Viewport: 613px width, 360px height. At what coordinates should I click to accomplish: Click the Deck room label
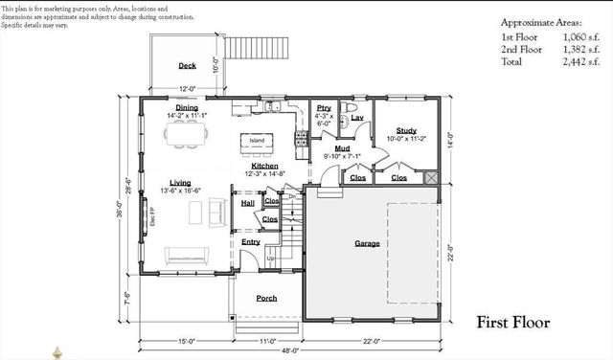pos(187,66)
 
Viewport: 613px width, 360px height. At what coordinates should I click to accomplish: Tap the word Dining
pos(187,108)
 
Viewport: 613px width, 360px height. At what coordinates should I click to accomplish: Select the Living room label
pos(180,182)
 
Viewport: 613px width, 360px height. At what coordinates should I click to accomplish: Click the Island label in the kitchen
pos(257,141)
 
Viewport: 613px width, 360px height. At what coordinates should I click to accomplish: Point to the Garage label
pos(366,243)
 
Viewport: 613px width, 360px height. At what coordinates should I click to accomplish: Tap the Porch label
pos(266,298)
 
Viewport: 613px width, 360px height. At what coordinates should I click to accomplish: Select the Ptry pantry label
pos(324,107)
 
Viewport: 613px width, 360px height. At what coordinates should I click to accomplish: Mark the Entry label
pos(251,241)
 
